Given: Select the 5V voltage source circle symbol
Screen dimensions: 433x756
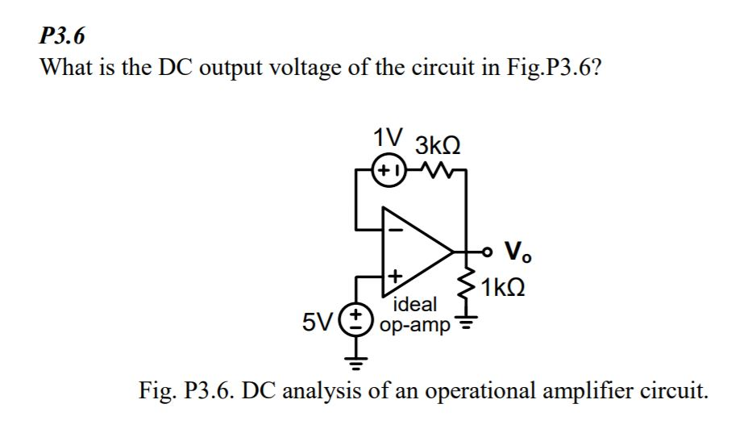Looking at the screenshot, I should click(356, 321).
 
